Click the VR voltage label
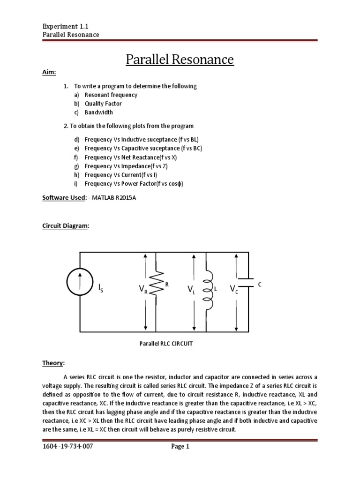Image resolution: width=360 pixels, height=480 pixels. (143, 291)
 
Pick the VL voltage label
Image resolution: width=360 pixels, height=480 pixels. (191, 291)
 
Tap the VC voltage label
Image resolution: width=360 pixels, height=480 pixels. (233, 289)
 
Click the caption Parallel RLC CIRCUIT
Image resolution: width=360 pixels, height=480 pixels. (166, 344)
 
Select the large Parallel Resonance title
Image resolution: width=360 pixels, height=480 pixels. (180, 60)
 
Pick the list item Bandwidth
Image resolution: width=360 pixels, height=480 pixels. (98, 112)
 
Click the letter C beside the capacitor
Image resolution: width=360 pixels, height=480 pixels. (259, 284)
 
